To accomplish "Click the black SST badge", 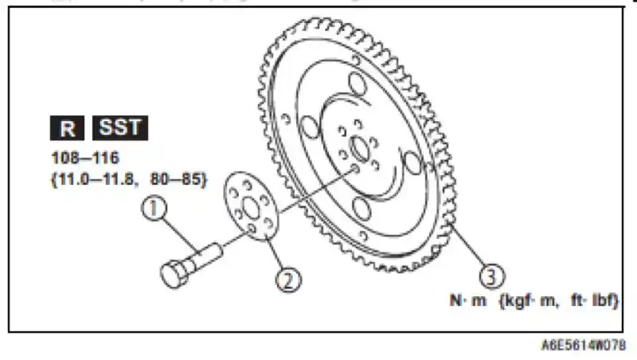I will (x=120, y=127).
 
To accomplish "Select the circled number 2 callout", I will (x=287, y=279).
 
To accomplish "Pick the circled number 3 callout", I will (x=493, y=276).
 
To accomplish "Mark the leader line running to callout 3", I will (x=469, y=252).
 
